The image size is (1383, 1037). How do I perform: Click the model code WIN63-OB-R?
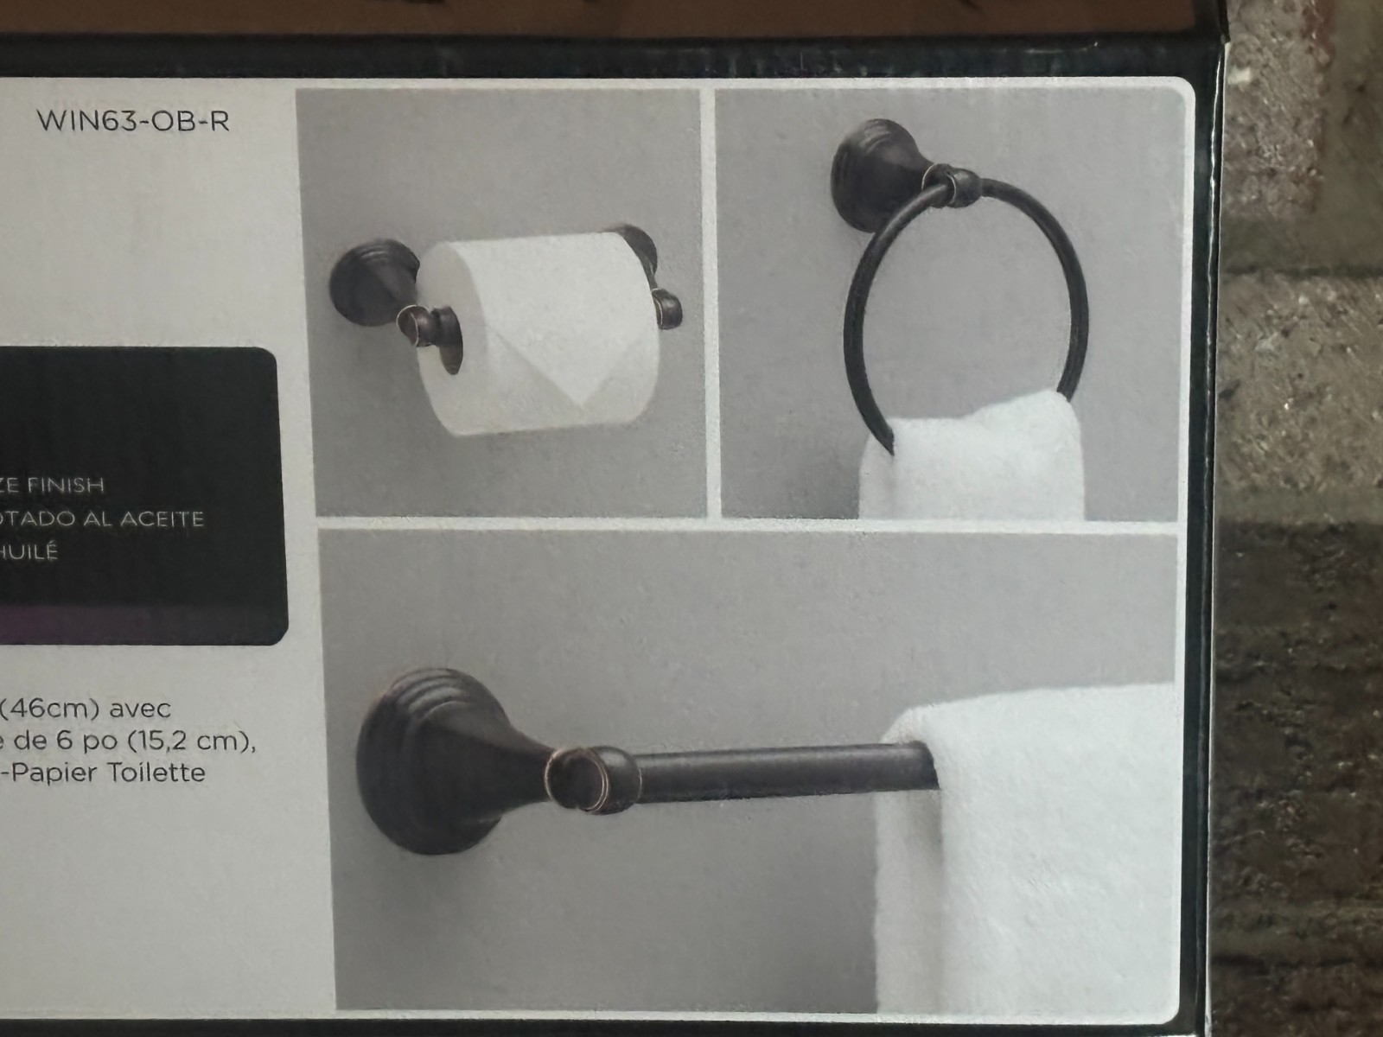click(x=133, y=122)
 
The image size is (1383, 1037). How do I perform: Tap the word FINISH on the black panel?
click(x=65, y=485)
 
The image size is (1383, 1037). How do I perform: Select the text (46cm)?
click(x=54, y=709)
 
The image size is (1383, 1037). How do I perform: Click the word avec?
click(x=137, y=709)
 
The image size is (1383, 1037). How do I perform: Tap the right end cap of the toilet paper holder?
click(x=667, y=309)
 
